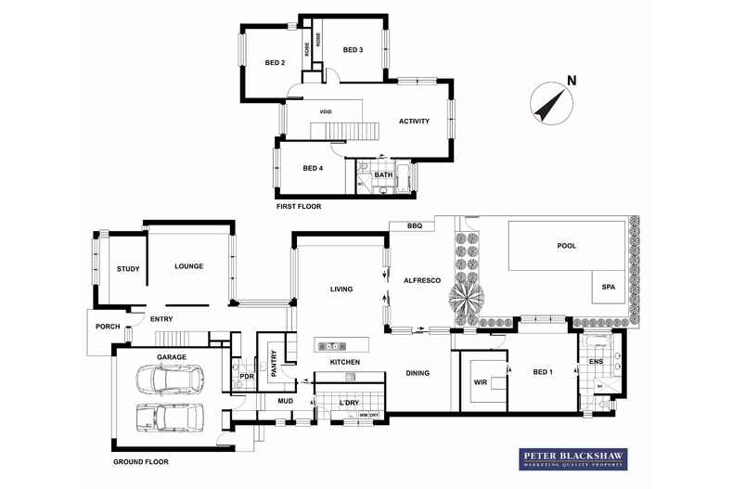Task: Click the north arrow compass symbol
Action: (549, 103)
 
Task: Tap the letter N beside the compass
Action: (572, 81)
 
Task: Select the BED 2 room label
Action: (275, 63)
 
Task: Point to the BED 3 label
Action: (353, 50)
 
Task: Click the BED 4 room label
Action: (313, 168)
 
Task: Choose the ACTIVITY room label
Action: (414, 122)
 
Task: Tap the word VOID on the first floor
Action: (326, 112)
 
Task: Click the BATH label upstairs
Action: (383, 174)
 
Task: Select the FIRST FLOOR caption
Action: (299, 206)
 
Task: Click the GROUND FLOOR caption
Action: (141, 461)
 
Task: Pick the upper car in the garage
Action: (171, 380)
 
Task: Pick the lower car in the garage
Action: (171, 418)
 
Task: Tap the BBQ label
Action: (415, 225)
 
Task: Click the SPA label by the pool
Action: (610, 287)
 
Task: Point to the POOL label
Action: (567, 246)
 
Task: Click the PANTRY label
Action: (274, 360)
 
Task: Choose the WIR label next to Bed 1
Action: (481, 381)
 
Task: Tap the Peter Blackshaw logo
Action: (572, 459)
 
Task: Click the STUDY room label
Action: (128, 269)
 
